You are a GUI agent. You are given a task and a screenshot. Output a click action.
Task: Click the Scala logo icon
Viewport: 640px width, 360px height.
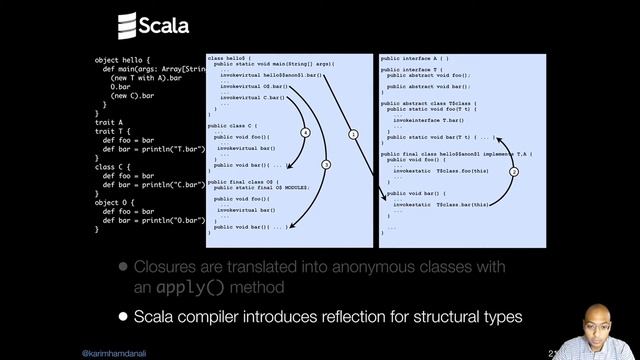(x=126, y=24)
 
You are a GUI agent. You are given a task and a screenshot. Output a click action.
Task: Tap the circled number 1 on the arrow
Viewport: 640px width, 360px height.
(x=352, y=134)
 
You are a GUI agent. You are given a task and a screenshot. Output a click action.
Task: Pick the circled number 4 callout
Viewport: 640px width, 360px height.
(x=305, y=133)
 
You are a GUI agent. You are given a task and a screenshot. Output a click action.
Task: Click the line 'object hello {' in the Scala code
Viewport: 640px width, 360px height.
(x=125, y=60)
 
